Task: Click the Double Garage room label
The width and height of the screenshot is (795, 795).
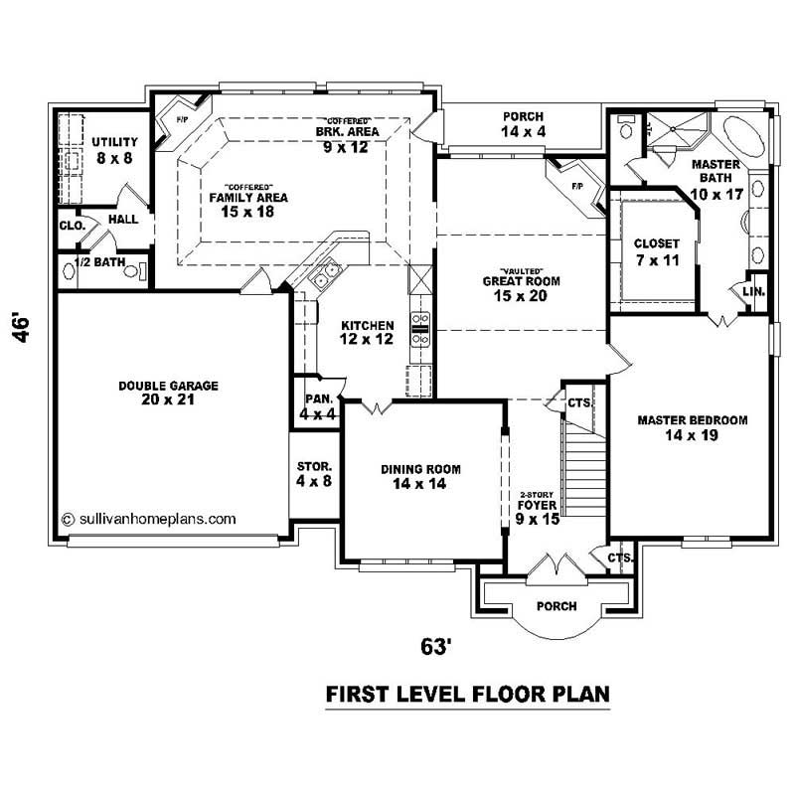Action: coord(168,393)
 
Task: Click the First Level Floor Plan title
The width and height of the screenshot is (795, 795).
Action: coord(467,694)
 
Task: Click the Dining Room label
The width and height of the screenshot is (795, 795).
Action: coord(420,477)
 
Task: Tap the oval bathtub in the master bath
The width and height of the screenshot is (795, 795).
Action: coord(743,137)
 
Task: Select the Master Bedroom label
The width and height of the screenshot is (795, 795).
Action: coord(692,427)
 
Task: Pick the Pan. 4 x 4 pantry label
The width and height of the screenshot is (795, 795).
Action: coord(318,406)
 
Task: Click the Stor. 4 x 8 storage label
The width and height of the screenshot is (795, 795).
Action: coord(314,473)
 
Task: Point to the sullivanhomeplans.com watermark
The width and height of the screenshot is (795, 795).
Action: coord(149,518)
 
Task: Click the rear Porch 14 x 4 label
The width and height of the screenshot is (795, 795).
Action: coord(522,123)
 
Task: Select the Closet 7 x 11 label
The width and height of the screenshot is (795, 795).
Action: coord(656,250)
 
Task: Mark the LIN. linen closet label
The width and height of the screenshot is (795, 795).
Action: coord(751,290)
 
